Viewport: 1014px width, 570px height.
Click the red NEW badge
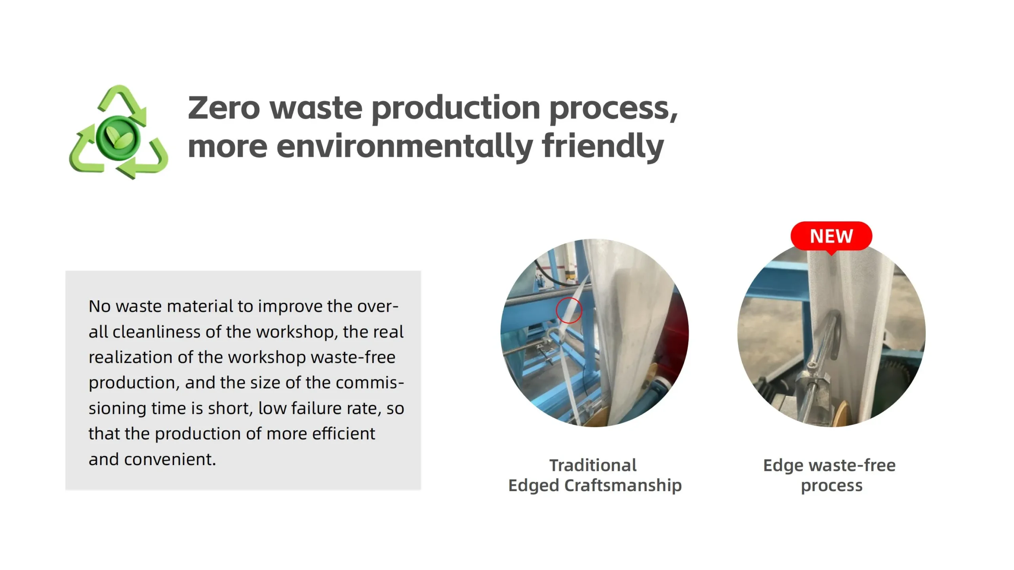[831, 237]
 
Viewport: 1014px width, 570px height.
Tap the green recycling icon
[118, 132]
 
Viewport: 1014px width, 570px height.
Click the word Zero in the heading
[224, 108]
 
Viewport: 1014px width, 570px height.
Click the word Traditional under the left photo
[593, 465]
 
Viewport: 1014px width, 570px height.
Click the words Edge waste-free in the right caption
[829, 466]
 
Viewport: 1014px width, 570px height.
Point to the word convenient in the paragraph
[170, 459]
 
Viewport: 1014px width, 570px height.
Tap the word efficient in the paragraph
[343, 434]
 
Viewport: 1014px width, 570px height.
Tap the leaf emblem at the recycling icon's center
[118, 137]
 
